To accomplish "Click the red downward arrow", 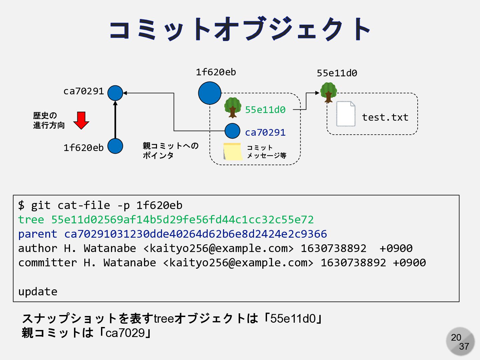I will click(81, 120).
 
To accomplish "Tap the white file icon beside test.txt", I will click(346, 114).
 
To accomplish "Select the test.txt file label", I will click(385, 117).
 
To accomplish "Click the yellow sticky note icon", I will click(233, 151).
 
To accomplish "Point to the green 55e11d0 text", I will click(265, 110).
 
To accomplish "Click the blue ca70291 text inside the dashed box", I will click(265, 132).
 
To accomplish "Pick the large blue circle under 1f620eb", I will click(210, 93).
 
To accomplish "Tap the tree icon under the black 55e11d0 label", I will click(328, 92).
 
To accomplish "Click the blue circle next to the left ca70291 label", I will click(115, 93).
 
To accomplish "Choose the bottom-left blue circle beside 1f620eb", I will click(115, 146).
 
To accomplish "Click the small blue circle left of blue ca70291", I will click(232, 131).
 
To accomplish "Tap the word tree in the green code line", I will click(31, 220).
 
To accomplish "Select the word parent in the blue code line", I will click(38, 234).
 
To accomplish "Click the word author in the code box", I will click(38, 248).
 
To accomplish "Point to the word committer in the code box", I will click(47, 263).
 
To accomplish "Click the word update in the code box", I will click(38, 292).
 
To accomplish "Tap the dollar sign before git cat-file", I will click(21, 205).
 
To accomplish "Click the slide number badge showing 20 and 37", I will click(460, 341).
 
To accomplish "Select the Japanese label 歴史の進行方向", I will click(49, 120).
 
